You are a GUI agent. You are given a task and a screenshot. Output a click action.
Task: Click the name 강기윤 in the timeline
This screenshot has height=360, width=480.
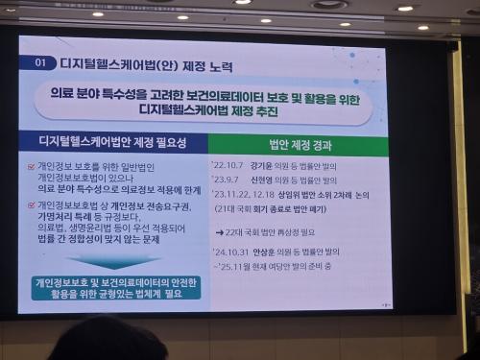coord(265,166)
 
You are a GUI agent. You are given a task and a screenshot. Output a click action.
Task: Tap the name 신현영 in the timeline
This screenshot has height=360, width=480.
coord(264,179)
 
